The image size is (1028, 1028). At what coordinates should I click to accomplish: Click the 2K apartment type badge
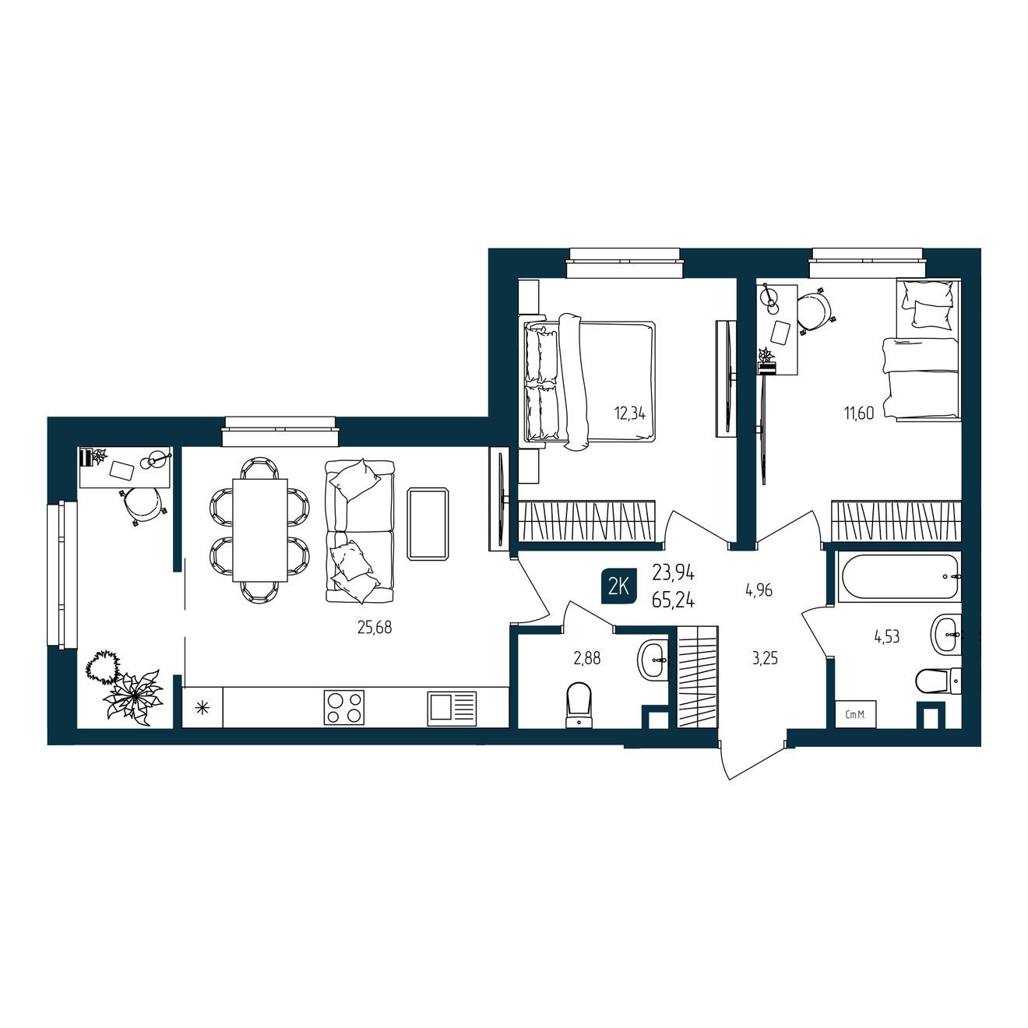[x=618, y=587]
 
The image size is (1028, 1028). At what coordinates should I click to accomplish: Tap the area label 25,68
[x=375, y=628]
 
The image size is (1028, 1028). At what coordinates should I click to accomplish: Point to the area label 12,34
[x=629, y=414]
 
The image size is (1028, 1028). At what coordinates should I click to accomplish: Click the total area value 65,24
[x=673, y=600]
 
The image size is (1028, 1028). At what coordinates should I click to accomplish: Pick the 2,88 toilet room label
[x=587, y=659]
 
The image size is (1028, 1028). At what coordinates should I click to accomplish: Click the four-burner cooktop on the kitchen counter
[x=344, y=707]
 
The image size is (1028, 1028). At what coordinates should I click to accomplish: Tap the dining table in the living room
[x=260, y=530]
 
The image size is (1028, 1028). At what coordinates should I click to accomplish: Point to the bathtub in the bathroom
[x=899, y=576]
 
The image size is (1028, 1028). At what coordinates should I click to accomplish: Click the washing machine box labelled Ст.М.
[x=856, y=714]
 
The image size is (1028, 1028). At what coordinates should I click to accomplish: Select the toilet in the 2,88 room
[x=579, y=704]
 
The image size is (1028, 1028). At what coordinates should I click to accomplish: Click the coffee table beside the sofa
[x=428, y=523]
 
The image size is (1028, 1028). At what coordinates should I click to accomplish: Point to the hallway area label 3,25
[x=765, y=659]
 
